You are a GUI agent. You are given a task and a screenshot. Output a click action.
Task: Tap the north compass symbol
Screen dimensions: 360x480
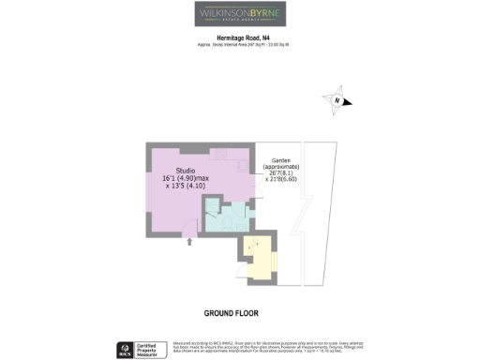coord(337,101)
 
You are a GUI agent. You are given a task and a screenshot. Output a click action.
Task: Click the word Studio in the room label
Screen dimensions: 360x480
coord(186,170)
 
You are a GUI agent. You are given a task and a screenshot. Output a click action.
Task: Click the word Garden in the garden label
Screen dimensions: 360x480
coord(284,159)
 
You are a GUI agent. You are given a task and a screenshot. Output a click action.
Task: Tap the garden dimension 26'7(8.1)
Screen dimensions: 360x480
coord(284,172)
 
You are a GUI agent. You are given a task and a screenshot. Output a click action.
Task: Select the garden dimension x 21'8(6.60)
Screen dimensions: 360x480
coord(284,180)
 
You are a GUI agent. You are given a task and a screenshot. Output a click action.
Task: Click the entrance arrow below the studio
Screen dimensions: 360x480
coord(191,242)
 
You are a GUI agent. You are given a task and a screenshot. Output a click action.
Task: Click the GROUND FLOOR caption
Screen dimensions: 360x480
coord(231,312)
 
